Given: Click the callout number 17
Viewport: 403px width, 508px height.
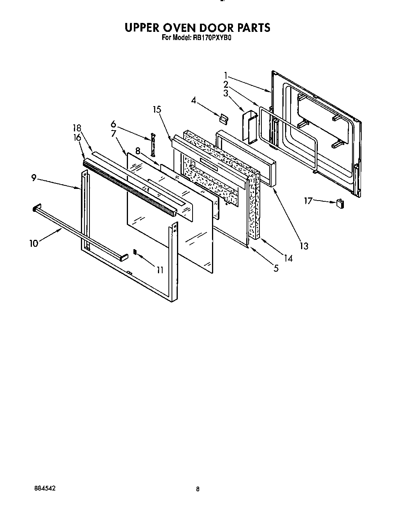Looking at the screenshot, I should pos(308,201).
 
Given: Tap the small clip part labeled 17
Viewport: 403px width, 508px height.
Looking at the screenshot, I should pos(340,203).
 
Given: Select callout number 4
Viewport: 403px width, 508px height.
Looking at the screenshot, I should pos(193,100).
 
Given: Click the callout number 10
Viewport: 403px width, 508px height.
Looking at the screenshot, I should pos(34,243).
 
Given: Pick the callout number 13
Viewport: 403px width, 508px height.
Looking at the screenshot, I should pos(304,246).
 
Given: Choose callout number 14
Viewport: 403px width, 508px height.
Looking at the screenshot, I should pos(288,258).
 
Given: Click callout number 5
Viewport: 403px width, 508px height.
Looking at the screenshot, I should pos(276,268).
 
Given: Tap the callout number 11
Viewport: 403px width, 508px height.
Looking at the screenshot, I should pos(160,269).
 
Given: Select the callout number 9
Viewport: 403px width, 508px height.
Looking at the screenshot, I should pos(34,178).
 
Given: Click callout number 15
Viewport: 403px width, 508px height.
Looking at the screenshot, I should pos(157,110).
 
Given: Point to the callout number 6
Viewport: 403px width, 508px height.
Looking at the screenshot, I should pos(113,124).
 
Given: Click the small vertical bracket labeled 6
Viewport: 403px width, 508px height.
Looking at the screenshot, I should pos(153,143).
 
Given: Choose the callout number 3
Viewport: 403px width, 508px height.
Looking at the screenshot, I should pos(226,93).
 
